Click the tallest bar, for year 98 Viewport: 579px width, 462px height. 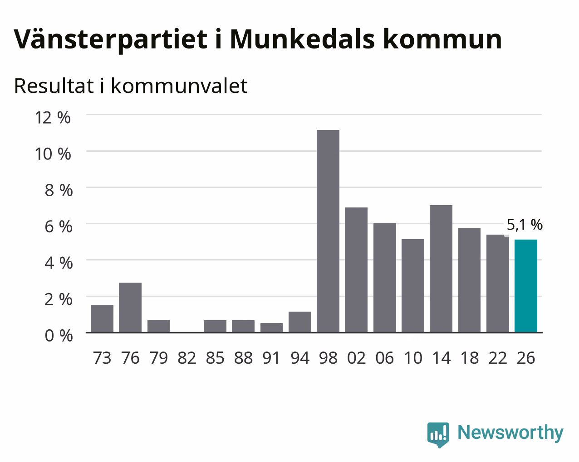[x=328, y=231]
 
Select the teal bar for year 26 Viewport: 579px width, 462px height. [x=526, y=286]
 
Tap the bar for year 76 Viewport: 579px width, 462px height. [x=130, y=307]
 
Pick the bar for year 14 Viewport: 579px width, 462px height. [x=441, y=269]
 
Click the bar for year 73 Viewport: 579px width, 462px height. [x=102, y=318]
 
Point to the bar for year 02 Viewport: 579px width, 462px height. [x=356, y=269]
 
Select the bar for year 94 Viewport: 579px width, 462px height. [x=300, y=322]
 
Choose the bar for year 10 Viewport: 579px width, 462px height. [x=413, y=285]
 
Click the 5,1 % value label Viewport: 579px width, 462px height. [x=525, y=225]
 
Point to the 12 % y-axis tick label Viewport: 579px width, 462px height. [x=53, y=118]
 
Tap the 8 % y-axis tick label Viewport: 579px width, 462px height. [x=59, y=190]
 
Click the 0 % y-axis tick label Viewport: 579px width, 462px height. [x=59, y=336]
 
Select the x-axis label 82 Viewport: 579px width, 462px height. [x=186, y=358]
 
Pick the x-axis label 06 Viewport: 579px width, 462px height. [x=384, y=358]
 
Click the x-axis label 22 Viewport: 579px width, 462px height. [x=497, y=358]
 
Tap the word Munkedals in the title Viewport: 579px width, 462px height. [x=302, y=39]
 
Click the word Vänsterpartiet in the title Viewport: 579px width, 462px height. [x=111, y=40]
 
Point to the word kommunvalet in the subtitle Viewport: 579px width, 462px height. [x=179, y=86]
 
